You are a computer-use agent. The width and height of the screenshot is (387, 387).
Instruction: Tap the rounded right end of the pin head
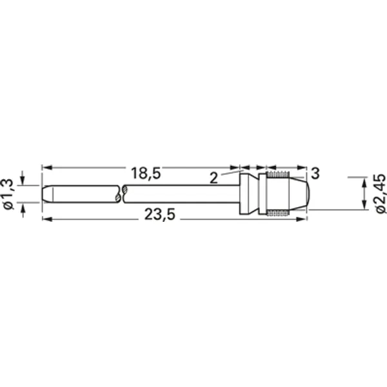click(308, 193)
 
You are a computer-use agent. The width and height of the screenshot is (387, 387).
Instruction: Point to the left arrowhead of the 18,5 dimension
click(46, 167)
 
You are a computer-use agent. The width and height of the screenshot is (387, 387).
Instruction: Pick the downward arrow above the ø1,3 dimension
click(23, 181)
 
